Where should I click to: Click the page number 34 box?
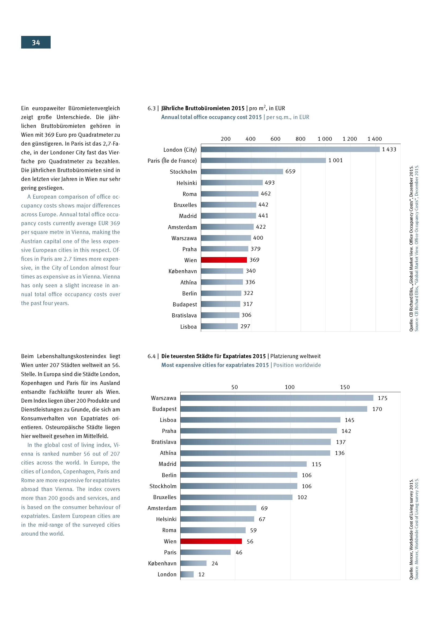(36, 42)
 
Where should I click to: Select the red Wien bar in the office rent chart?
(224, 260)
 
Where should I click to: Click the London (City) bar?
(290, 149)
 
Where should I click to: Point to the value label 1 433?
(389, 149)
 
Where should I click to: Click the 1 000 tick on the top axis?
(325, 139)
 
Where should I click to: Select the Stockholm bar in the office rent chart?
(242, 172)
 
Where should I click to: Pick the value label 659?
(290, 172)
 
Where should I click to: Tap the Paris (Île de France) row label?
(172, 161)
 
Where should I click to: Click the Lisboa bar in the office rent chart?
(219, 326)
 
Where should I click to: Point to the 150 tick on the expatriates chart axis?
(345, 387)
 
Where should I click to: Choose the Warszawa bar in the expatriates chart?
(277, 398)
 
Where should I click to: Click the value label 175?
(382, 398)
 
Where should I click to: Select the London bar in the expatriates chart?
(187, 574)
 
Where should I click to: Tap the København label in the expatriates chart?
(162, 563)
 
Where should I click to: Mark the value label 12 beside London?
(201, 574)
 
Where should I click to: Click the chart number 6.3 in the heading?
(151, 108)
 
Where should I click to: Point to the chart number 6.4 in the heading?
(151, 356)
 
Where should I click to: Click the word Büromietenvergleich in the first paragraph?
(94, 108)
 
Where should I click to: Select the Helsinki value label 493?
(269, 183)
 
